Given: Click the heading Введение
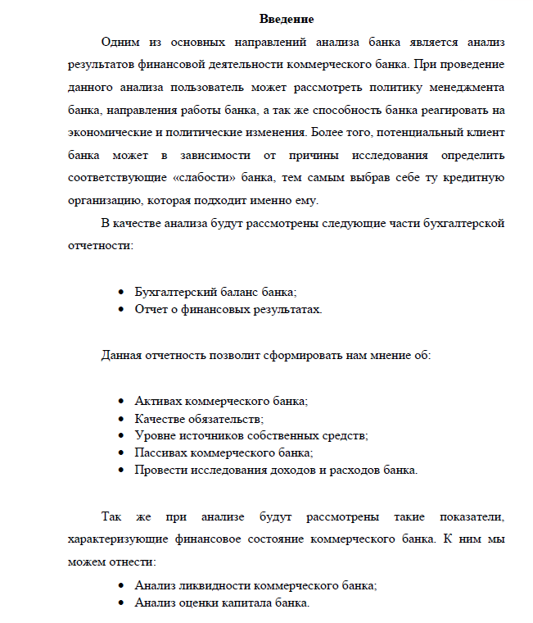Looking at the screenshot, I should click(x=287, y=19).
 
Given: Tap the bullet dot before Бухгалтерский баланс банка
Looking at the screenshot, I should click(x=121, y=293).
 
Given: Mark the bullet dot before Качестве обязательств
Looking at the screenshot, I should click(x=121, y=419).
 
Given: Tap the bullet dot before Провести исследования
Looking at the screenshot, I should click(x=121, y=470).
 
